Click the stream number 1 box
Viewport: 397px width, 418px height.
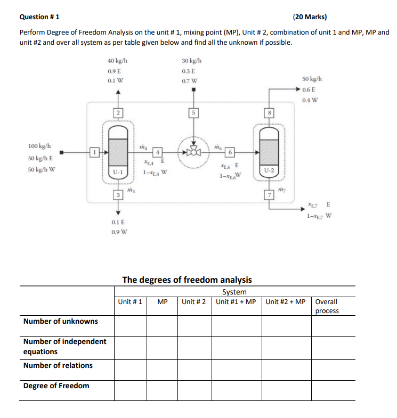click(94, 152)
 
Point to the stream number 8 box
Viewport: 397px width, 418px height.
click(270, 112)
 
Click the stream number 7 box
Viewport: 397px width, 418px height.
click(270, 195)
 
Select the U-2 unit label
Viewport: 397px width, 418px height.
click(269, 170)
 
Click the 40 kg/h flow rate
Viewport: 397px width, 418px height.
click(117, 61)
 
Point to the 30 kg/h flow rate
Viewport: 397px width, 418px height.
click(191, 61)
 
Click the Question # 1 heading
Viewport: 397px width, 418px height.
click(40, 17)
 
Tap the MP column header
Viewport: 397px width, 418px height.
click(163, 302)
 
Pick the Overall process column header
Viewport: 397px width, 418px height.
click(327, 306)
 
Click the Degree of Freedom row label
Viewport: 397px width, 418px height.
click(56, 386)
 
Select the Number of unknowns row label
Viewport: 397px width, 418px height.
click(61, 321)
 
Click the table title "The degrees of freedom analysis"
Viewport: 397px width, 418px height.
click(187, 280)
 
